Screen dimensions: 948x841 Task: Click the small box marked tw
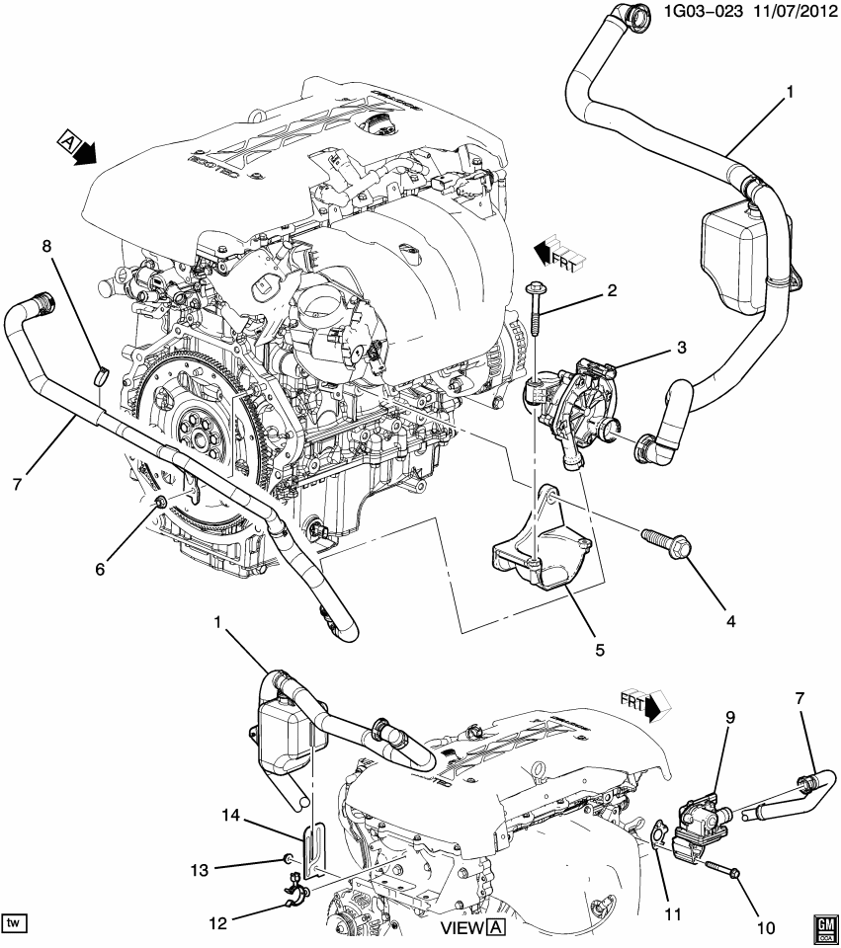[14, 922]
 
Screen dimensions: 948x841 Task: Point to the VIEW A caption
[472, 928]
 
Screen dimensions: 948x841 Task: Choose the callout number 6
[98, 570]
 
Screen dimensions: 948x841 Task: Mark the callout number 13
[200, 868]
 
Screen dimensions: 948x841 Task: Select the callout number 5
[599, 650]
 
